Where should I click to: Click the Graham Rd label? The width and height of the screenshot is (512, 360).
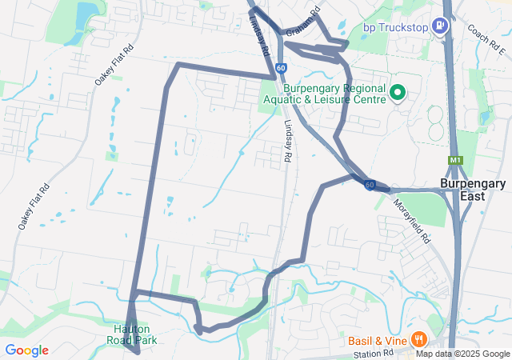(x=302, y=22)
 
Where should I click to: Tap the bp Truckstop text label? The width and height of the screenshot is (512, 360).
(x=396, y=27)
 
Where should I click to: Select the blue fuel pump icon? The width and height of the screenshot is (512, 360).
(x=440, y=26)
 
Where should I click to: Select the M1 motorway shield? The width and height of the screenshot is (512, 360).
(x=455, y=160)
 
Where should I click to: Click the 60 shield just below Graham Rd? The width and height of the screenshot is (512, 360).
(x=281, y=69)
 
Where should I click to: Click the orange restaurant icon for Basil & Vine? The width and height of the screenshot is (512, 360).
(x=418, y=339)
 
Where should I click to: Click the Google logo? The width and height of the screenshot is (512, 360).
(x=26, y=350)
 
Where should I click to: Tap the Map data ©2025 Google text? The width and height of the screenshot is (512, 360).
(x=462, y=354)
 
